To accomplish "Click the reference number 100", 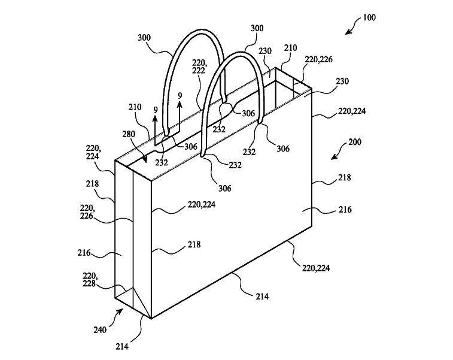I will click(x=369, y=17).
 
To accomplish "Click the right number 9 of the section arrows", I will click(x=180, y=95).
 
